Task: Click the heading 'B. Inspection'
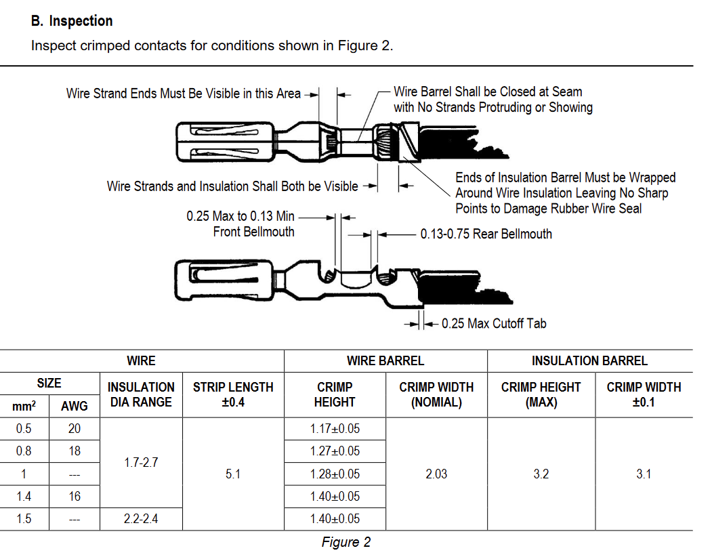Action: click(72, 21)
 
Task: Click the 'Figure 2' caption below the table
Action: click(345, 542)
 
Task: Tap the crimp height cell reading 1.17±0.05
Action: click(335, 429)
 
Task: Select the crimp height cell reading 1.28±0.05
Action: click(335, 474)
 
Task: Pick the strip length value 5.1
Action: click(233, 474)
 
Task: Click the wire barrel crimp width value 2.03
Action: click(436, 474)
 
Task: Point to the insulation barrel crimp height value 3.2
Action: click(541, 474)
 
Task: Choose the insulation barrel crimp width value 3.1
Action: click(644, 474)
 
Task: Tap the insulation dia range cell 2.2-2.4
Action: click(141, 519)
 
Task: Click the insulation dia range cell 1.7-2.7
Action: click(141, 463)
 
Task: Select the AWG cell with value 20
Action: click(75, 429)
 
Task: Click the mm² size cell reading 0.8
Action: click(24, 451)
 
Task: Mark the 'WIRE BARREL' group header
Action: click(385, 361)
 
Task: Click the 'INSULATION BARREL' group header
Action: click(589, 361)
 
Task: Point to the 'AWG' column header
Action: click(75, 406)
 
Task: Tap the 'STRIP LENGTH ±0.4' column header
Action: click(233, 394)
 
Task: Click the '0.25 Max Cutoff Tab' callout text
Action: click(494, 324)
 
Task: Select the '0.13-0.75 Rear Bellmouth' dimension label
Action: click(486, 234)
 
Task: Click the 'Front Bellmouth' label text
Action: click(253, 232)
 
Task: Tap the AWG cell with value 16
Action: click(75, 497)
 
